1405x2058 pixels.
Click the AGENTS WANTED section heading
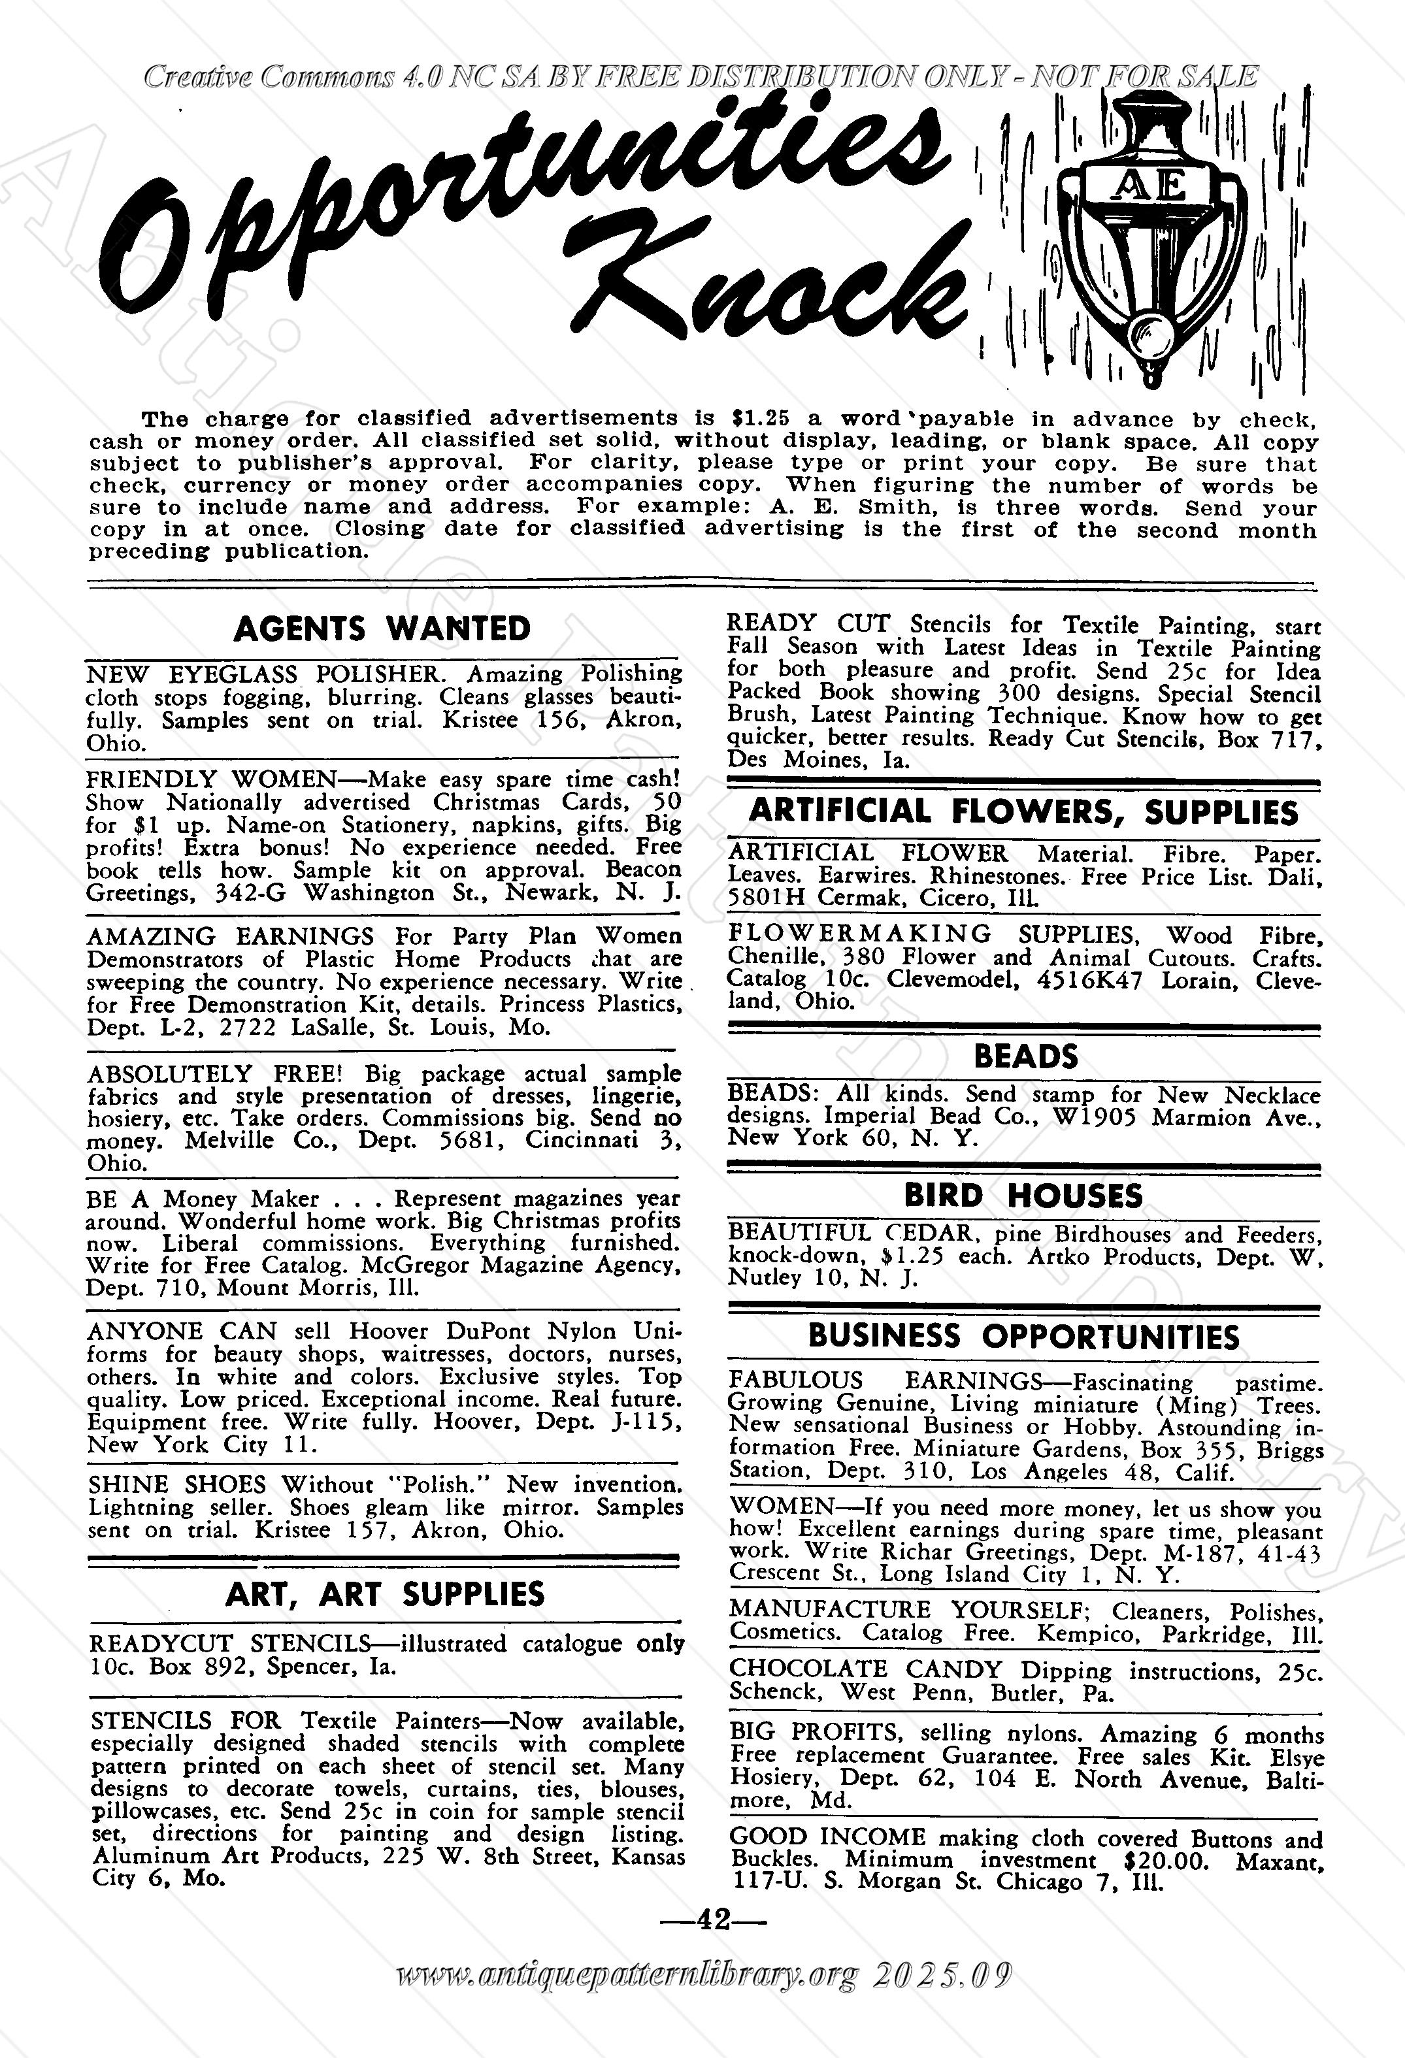[x=382, y=629]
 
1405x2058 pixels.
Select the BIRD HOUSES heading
[x=1023, y=1196]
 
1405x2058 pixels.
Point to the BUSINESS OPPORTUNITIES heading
[x=1023, y=1336]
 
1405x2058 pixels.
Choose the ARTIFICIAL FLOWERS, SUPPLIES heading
[x=1023, y=812]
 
